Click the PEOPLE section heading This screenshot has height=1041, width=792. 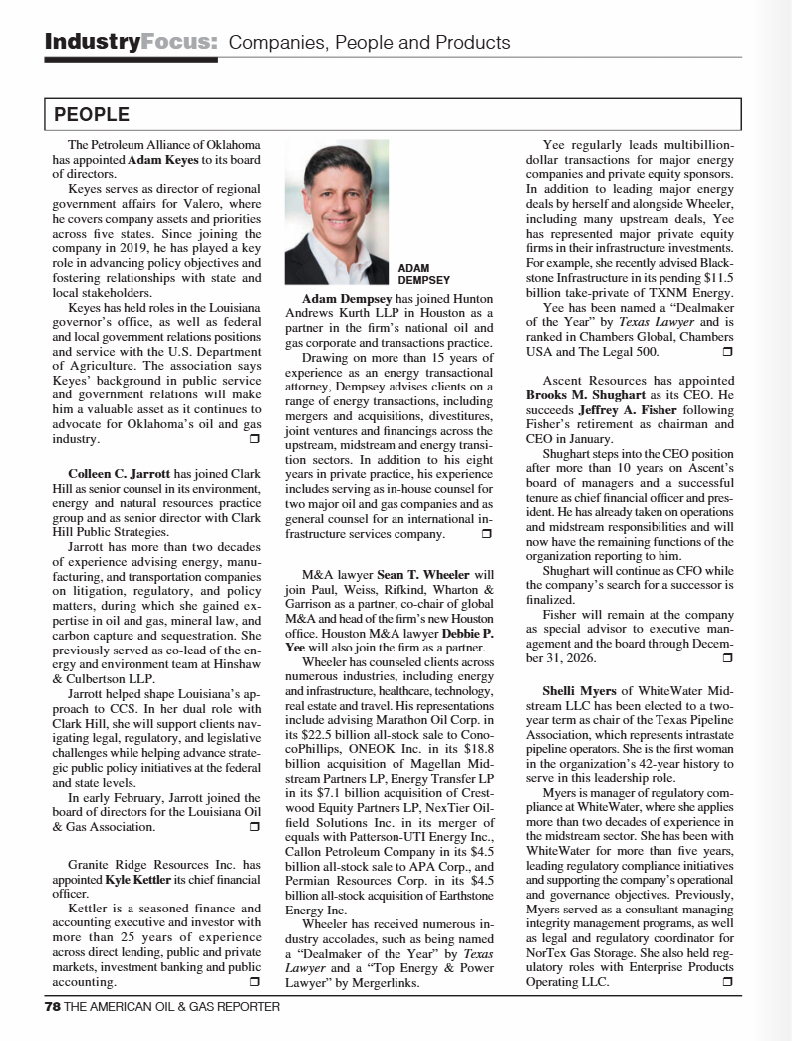[92, 115]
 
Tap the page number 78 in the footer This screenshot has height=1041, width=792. [53, 1006]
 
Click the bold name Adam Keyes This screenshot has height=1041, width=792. [163, 159]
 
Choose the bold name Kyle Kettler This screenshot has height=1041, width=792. [138, 881]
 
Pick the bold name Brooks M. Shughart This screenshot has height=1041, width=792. [583, 394]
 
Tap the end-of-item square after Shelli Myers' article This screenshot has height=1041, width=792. [727, 982]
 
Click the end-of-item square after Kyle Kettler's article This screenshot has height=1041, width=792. [254, 982]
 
